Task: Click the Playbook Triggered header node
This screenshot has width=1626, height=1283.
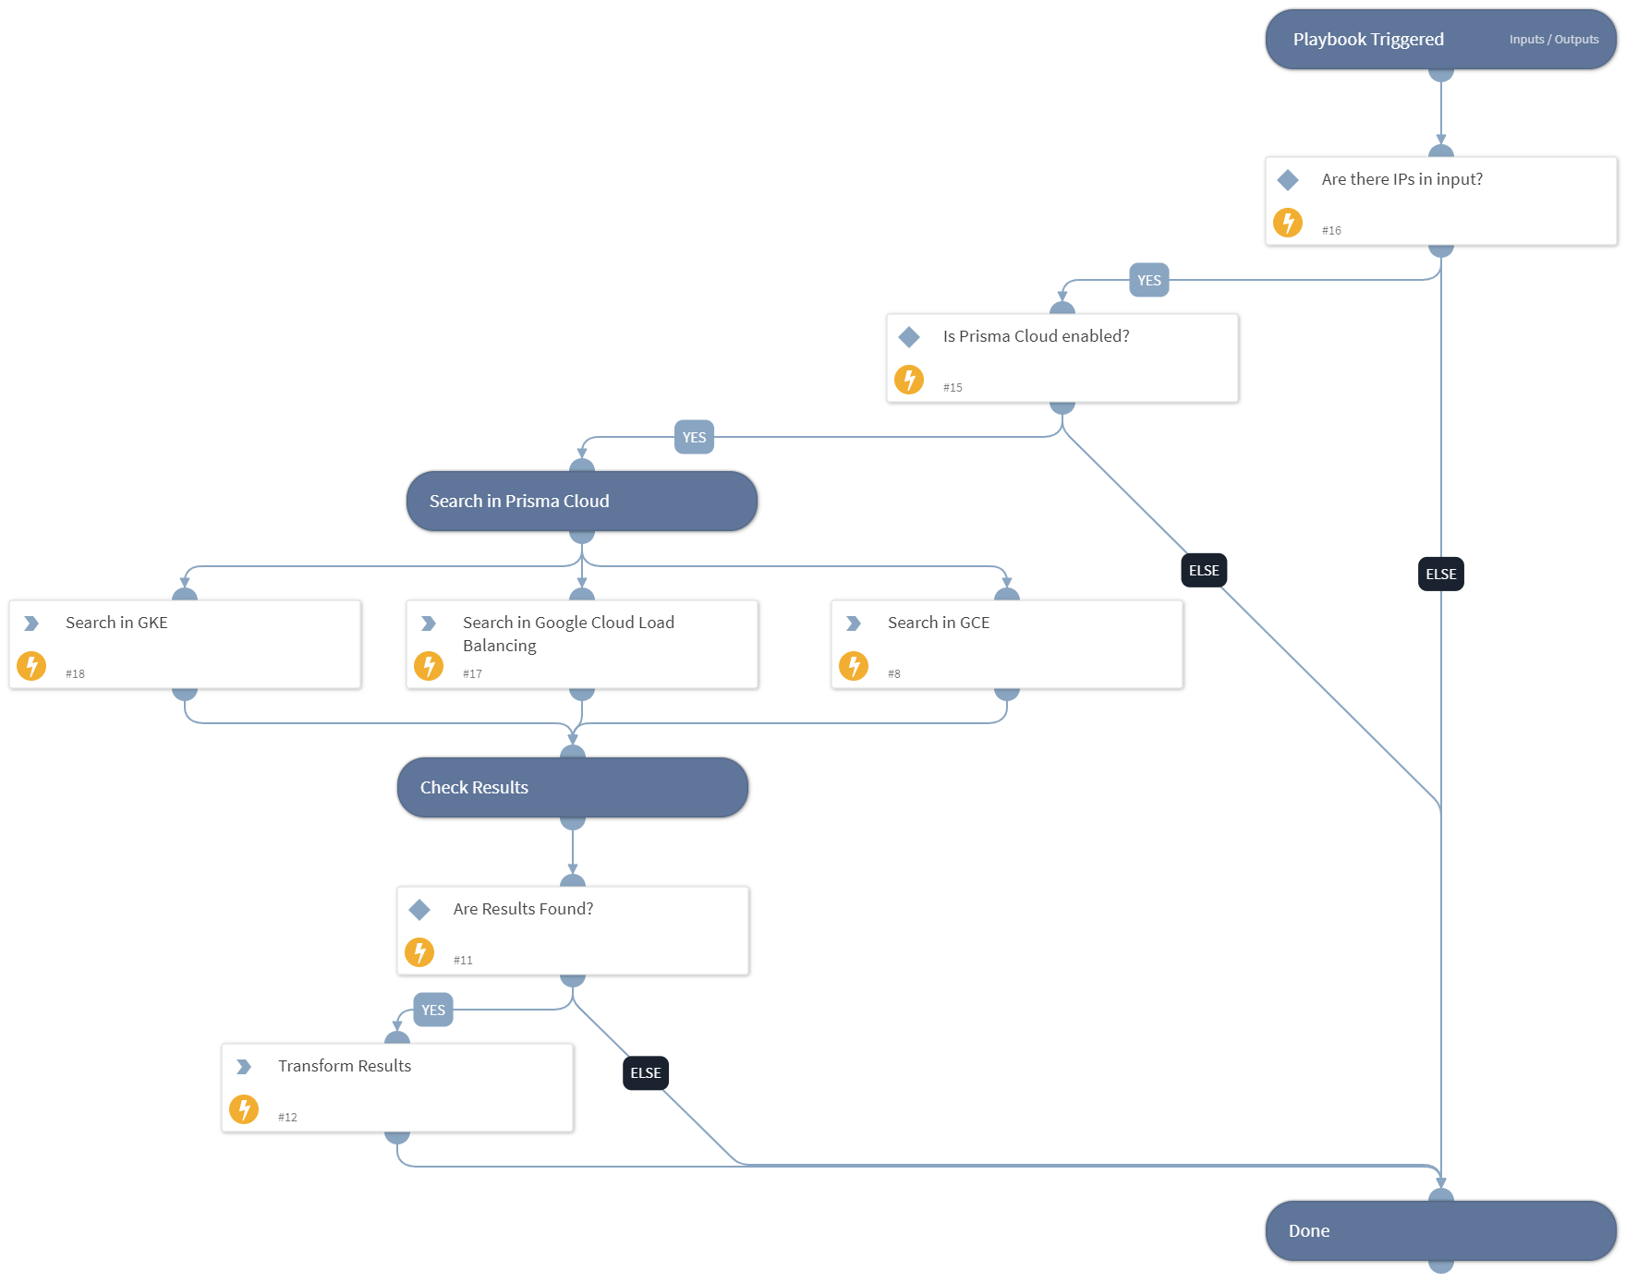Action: pyautogui.click(x=1367, y=40)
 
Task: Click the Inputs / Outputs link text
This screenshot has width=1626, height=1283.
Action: pyautogui.click(x=1553, y=40)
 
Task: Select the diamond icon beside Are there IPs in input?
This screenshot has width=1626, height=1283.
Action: pyautogui.click(x=1288, y=180)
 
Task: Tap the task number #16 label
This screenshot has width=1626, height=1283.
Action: pyautogui.click(x=1331, y=231)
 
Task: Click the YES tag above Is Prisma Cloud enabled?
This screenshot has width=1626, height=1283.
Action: pyautogui.click(x=1148, y=281)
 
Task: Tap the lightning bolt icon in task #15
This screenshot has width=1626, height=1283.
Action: pyautogui.click(x=909, y=380)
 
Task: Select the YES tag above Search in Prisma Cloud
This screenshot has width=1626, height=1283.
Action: pyautogui.click(x=694, y=438)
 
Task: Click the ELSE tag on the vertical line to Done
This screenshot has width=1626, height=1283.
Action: pyautogui.click(x=1440, y=575)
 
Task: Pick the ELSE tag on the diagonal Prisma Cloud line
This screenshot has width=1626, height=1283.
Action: pyautogui.click(x=1204, y=571)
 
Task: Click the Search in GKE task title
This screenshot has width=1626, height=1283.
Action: pyautogui.click(x=116, y=623)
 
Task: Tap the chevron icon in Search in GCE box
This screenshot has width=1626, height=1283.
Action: pyautogui.click(x=854, y=623)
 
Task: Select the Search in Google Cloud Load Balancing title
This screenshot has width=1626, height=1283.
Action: pyautogui.click(x=567, y=634)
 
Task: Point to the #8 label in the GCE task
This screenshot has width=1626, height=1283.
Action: pyautogui.click(x=894, y=674)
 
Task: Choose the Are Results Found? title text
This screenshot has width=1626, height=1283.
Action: pyautogui.click(x=523, y=909)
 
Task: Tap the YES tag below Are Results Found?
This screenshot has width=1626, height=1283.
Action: pyautogui.click(x=433, y=1011)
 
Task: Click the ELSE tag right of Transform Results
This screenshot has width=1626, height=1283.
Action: pyautogui.click(x=645, y=1073)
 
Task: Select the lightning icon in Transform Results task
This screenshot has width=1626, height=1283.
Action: pyautogui.click(x=244, y=1109)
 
